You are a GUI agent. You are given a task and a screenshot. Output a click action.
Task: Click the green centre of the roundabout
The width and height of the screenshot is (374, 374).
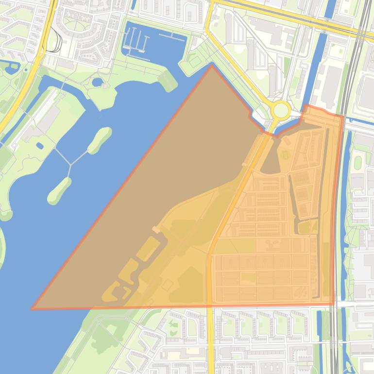281,110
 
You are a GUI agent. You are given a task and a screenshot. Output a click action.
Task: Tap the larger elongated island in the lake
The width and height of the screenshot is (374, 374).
100,140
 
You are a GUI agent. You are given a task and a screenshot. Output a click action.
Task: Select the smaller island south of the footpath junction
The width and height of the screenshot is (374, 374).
59,190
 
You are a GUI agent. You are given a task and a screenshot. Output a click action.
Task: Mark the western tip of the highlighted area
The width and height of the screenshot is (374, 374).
33,308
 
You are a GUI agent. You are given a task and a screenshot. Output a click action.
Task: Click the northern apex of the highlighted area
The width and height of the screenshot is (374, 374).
211,65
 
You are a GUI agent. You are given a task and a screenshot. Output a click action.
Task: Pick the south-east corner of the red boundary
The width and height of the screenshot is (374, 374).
334,305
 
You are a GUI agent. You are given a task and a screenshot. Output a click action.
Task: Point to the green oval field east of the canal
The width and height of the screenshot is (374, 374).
358,161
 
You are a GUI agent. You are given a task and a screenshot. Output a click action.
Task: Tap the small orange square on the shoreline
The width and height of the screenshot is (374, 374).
155,229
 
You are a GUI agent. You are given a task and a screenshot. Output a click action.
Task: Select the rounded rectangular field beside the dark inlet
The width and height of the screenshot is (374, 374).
285,155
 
